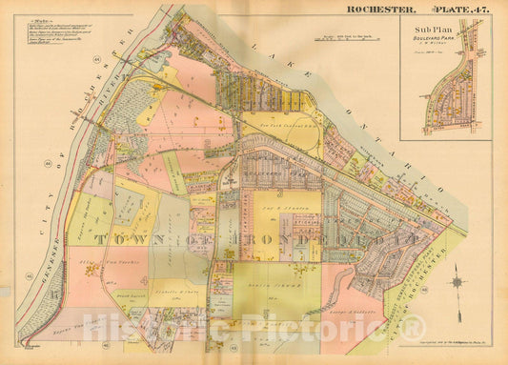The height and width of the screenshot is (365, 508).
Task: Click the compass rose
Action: (x=457, y=283)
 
